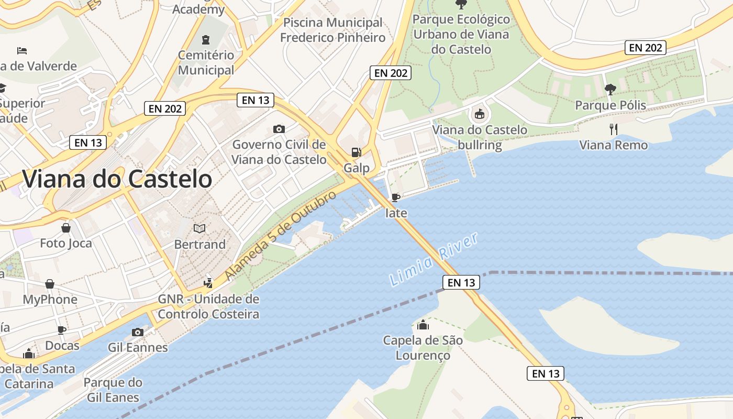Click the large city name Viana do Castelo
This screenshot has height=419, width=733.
click(117, 179)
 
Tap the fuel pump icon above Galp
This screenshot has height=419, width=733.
click(356, 152)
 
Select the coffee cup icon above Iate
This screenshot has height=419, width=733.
click(396, 197)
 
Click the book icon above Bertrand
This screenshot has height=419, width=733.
click(199, 228)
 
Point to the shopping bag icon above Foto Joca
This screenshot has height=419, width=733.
click(66, 228)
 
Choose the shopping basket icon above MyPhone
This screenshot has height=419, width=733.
click(50, 284)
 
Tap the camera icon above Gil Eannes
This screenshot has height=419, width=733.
click(138, 332)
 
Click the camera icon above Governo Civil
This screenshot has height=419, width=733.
click(279, 129)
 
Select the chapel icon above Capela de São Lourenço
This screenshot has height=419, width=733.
click(423, 325)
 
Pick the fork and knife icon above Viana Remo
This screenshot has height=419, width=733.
click(614, 129)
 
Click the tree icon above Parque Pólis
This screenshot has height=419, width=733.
click(610, 89)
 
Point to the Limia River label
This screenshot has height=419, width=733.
click(434, 259)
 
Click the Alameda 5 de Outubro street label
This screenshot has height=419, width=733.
click(281, 235)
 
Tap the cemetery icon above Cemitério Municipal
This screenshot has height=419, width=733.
click(206, 39)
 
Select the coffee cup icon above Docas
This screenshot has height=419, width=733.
click(62, 330)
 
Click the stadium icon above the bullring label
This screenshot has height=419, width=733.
click(479, 113)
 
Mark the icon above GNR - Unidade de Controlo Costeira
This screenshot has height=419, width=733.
click(208, 283)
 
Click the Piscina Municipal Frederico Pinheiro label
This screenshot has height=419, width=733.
click(332, 30)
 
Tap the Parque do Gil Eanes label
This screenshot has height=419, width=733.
click(113, 390)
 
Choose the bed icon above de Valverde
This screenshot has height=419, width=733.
click(22, 51)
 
